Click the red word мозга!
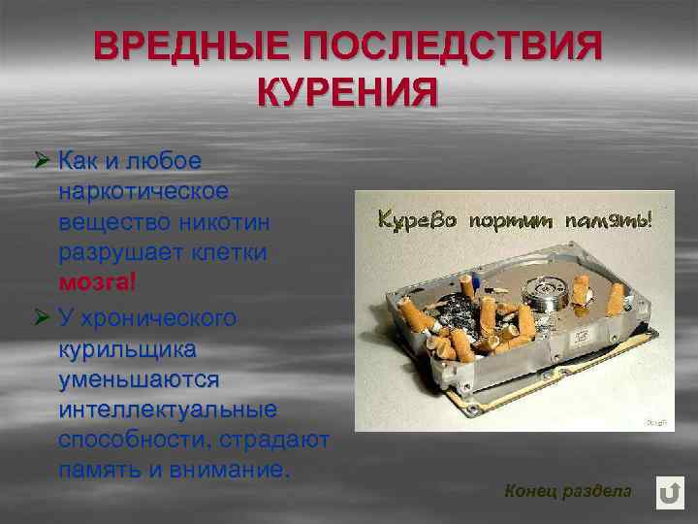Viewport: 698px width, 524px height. pyautogui.click(x=98, y=282)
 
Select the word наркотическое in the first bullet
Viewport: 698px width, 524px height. pyautogui.click(x=143, y=190)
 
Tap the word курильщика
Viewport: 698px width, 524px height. pyautogui.click(x=127, y=347)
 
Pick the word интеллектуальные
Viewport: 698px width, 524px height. pyautogui.click(x=167, y=409)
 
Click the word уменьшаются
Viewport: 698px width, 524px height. pyautogui.click(x=139, y=377)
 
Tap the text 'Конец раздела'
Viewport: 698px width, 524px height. pyautogui.click(x=567, y=491)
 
